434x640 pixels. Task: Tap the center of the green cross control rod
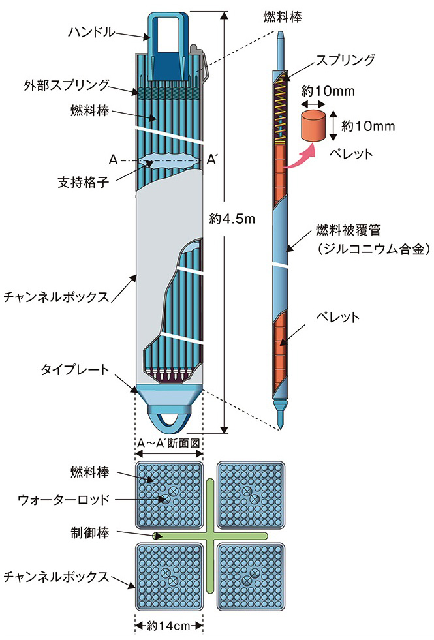[210, 536]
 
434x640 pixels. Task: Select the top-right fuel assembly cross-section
[251, 495]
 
